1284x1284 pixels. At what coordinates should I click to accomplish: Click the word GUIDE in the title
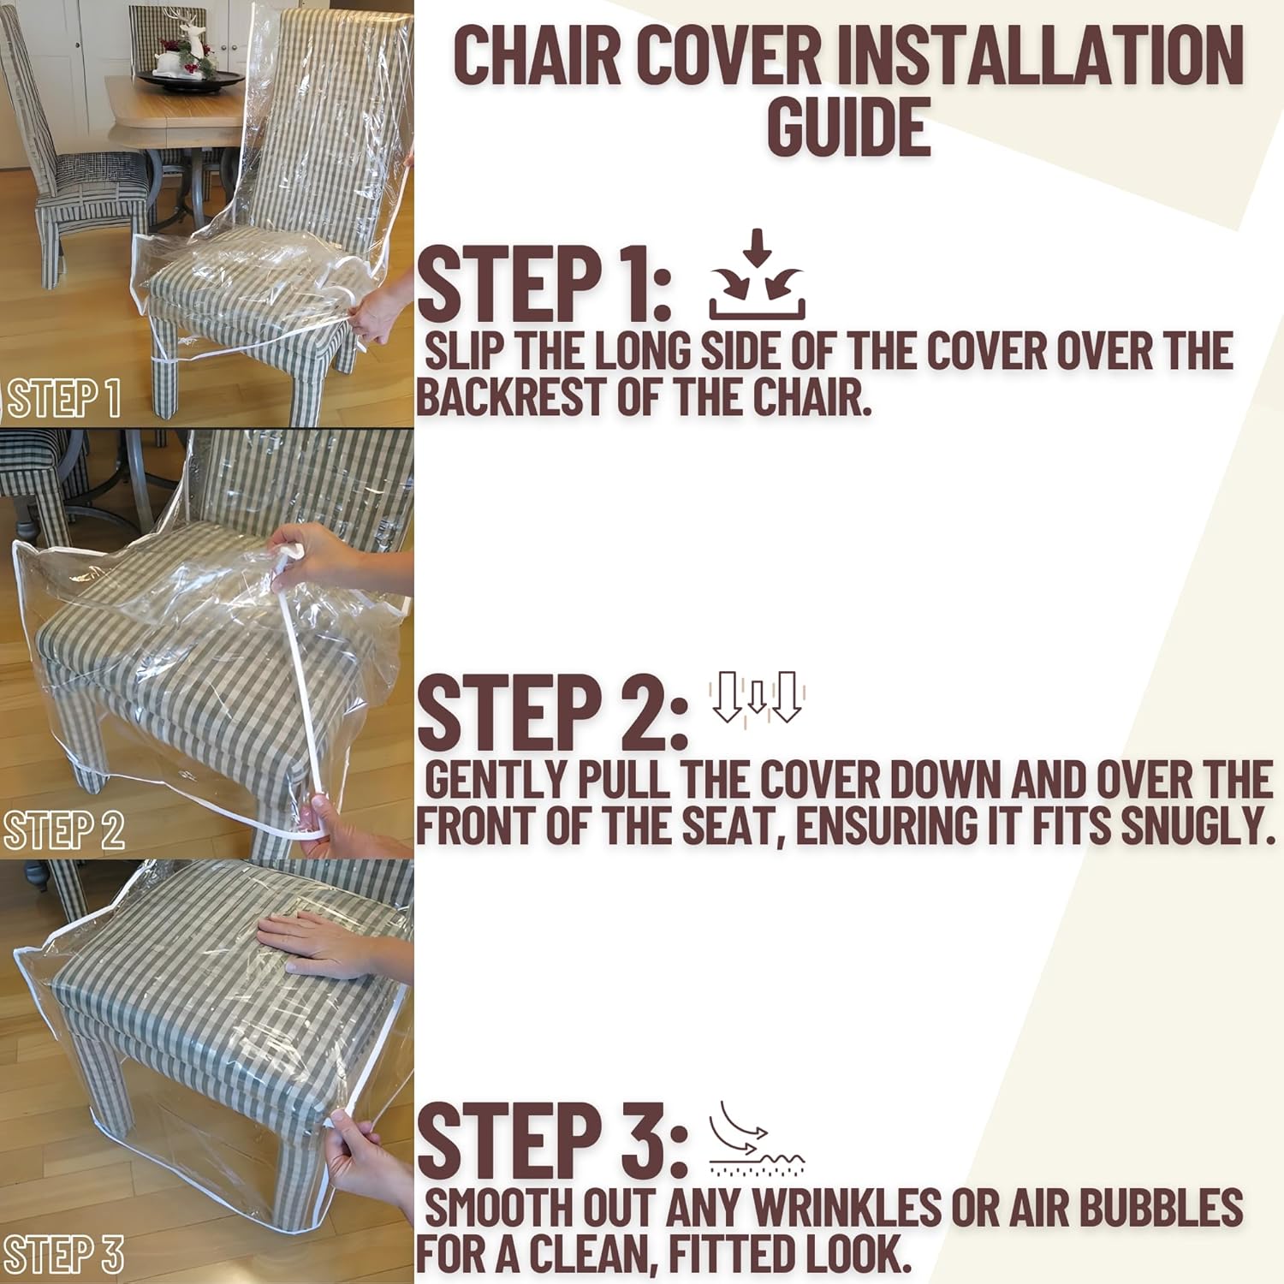847,127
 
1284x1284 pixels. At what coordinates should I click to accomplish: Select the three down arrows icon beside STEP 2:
757,698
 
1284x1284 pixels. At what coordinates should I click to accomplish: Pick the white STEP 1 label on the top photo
64,399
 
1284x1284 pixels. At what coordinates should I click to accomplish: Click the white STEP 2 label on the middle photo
64,830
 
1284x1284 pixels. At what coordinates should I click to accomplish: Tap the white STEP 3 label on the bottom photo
64,1255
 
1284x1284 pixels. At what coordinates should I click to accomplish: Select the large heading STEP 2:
552,711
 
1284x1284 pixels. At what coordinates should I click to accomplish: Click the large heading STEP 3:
552,1139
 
